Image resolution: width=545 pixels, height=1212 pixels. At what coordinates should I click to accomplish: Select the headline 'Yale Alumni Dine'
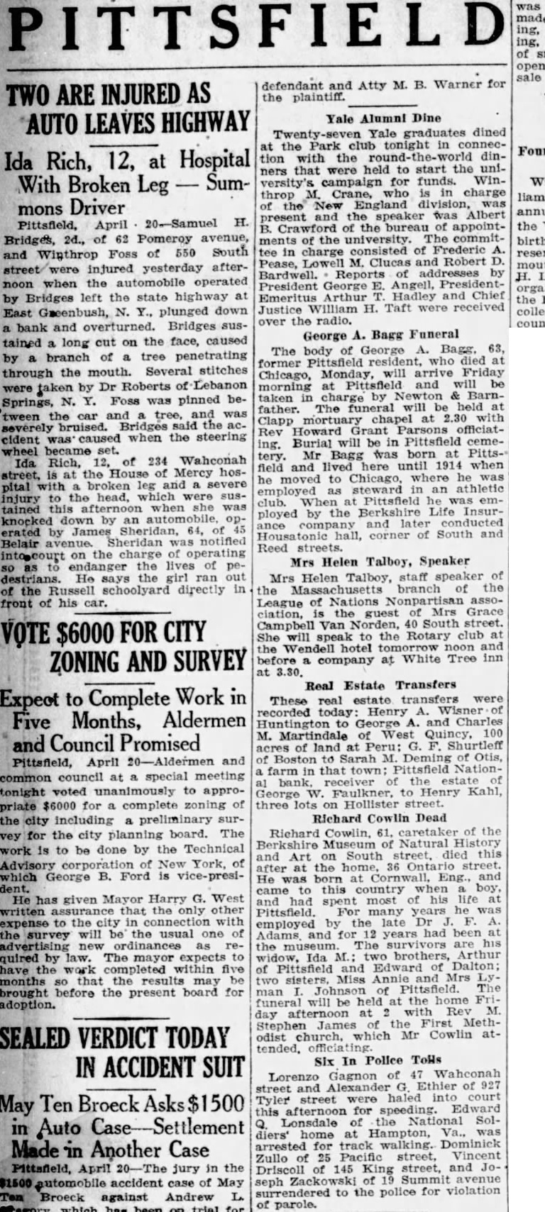(383, 118)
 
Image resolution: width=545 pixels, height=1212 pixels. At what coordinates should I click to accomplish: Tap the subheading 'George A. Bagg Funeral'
(381, 334)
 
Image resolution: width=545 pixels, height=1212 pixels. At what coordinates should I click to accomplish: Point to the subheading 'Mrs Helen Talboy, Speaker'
(382, 560)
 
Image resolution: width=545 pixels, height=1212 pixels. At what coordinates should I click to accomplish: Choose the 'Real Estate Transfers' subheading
(380, 685)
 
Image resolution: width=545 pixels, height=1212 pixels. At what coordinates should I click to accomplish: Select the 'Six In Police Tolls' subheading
(381, 1060)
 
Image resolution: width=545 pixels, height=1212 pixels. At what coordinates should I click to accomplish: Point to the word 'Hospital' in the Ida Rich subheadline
(214, 160)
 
